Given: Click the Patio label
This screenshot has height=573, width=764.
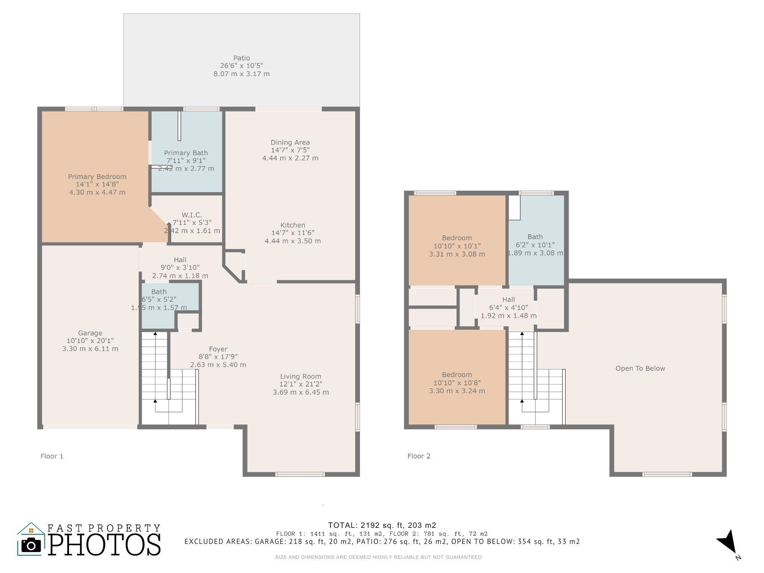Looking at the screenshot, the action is point(241,58).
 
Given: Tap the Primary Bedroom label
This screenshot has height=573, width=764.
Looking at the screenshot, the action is point(97,176).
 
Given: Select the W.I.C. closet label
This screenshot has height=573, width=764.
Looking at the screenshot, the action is point(192,215).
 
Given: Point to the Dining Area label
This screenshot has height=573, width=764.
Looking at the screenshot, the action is point(290,142).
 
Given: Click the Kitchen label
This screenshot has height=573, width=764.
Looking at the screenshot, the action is point(293,225).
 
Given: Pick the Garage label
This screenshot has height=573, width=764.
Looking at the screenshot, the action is point(90,333).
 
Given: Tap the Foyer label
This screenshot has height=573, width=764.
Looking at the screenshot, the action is point(218,349).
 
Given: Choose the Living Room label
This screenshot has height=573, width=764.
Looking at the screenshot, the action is point(301,376).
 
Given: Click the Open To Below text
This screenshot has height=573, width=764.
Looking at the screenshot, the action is point(640,368).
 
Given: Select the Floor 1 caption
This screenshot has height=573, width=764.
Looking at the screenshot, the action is point(52,456).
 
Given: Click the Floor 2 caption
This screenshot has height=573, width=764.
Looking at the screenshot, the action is point(419,456).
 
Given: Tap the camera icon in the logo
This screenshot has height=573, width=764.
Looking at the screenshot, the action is point(31,546).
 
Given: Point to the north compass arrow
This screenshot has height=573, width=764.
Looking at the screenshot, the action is point(727,542).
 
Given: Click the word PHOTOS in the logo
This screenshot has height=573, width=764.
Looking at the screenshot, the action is point(104,545).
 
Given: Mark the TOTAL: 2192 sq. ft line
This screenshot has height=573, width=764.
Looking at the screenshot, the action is point(382,525).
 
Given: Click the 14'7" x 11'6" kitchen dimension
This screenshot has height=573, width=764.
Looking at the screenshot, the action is point(293,233).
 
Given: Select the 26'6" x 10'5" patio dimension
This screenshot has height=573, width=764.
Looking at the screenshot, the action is point(241,66).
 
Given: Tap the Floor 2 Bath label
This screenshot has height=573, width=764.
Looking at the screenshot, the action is point(535,237).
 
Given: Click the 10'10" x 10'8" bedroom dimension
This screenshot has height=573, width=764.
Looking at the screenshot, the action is point(457,383).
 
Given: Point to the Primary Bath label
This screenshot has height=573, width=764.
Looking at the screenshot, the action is point(186,153).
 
